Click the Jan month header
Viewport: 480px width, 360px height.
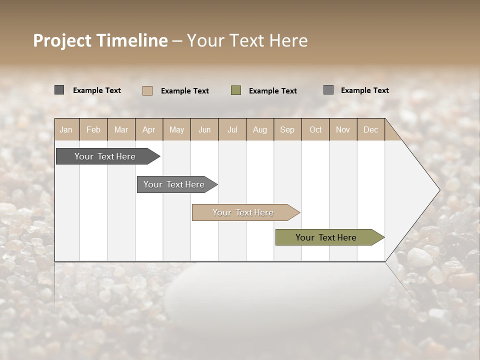click(66, 129)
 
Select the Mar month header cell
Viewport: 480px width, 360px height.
click(121, 129)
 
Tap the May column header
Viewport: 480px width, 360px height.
click(176, 129)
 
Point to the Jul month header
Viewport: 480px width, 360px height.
click(232, 129)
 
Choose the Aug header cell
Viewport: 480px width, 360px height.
click(259, 129)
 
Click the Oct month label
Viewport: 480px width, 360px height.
click(315, 129)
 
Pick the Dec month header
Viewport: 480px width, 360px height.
click(370, 129)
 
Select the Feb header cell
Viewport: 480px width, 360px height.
click(93, 129)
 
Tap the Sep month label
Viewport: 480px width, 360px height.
click(287, 129)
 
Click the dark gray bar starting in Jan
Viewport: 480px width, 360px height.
click(105, 156)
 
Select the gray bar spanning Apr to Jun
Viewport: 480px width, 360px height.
click(174, 184)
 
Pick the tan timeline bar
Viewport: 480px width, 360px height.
click(243, 212)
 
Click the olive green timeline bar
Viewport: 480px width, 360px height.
click(326, 237)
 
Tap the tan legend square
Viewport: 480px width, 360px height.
click(147, 90)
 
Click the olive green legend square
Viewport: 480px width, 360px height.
click(236, 90)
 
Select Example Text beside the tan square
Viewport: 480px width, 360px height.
click(185, 91)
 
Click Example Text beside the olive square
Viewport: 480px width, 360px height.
click(273, 91)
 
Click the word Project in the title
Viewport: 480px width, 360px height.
click(62, 40)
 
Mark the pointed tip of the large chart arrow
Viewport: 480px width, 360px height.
click(439, 190)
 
